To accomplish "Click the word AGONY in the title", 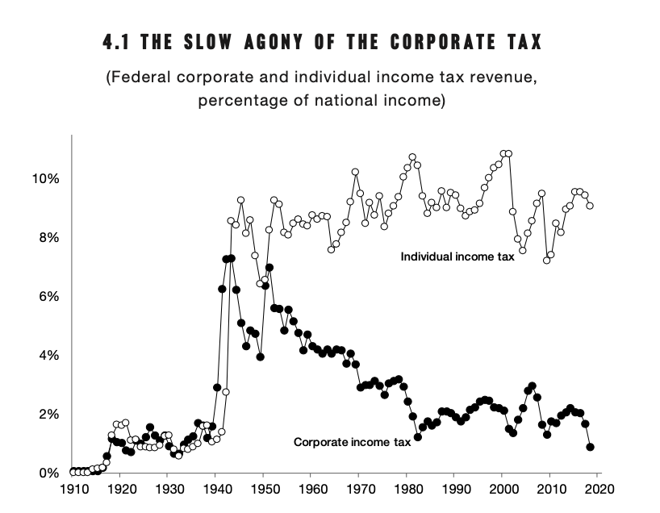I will click(250, 41).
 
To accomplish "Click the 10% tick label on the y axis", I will click(45, 178).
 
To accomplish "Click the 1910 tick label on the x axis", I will click(72, 490).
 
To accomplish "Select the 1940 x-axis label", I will click(215, 490).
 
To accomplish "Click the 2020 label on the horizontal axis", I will click(598, 490).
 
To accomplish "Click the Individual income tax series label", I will click(457, 257).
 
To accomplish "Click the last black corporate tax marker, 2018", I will click(590, 447).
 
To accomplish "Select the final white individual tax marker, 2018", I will click(590, 206).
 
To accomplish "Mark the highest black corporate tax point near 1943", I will click(231, 258).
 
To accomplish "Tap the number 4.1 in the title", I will click(118, 41).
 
